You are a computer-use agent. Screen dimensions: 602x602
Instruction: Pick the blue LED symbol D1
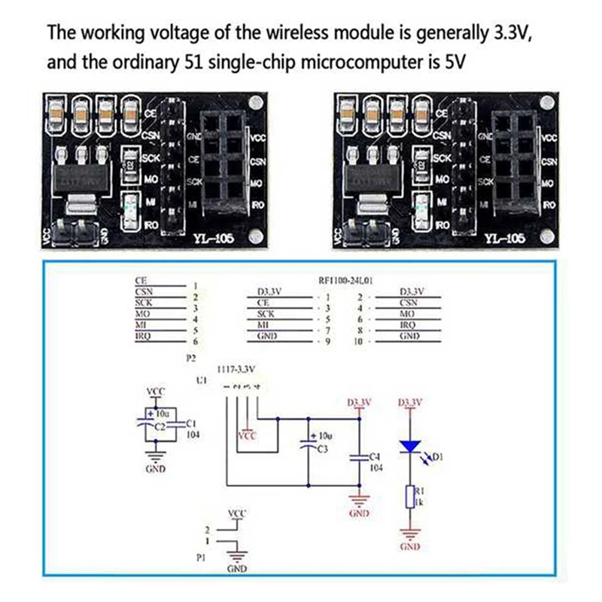(x=409, y=448)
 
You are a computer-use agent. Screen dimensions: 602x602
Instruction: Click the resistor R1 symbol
(x=409, y=496)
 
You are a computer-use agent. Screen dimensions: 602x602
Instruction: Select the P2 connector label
(x=190, y=359)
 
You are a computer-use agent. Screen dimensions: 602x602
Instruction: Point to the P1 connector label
(x=200, y=559)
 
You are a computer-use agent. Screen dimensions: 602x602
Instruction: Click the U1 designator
(x=201, y=382)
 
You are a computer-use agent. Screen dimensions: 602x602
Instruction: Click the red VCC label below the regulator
(x=247, y=436)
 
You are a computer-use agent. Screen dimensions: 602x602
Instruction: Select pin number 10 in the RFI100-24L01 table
(x=359, y=342)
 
